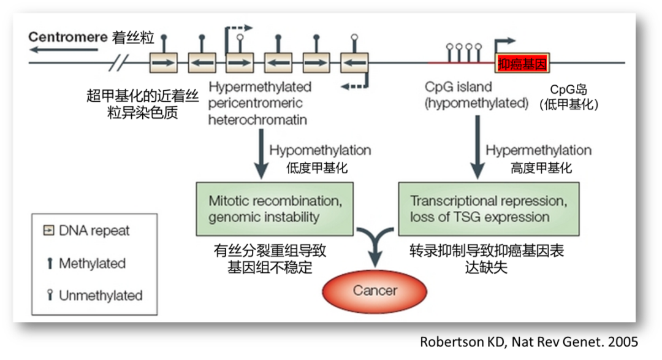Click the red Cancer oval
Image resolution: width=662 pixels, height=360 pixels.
pos(375,291)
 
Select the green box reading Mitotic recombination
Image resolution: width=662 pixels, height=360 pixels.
pos(275,209)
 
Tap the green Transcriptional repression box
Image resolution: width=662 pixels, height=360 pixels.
pos(489,209)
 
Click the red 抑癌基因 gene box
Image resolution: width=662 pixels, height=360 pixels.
pos(522,64)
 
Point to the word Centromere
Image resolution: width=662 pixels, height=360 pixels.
pos(67,37)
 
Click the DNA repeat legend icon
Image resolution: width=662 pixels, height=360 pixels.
pos(49,231)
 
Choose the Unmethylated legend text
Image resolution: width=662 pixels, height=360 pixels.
pos(101,296)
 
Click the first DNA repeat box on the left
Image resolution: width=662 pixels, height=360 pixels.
pos(163,63)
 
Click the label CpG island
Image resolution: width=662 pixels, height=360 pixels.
pos(458,88)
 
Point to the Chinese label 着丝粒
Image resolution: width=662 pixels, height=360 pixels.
pos(133,37)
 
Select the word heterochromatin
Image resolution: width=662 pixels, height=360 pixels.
pos(257,120)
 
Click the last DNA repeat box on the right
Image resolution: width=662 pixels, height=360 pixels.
pos(354,63)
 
